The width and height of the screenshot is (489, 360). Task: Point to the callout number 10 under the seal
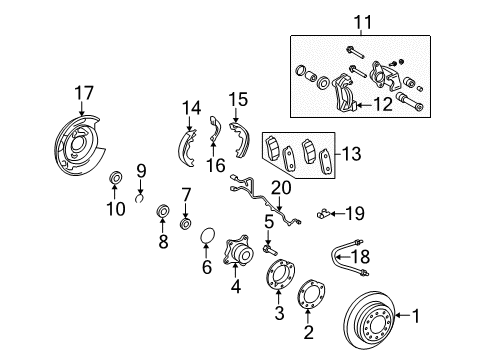pos(117,209)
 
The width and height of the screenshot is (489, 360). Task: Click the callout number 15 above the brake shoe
pos(239,99)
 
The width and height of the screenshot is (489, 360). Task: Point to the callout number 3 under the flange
pos(278,314)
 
